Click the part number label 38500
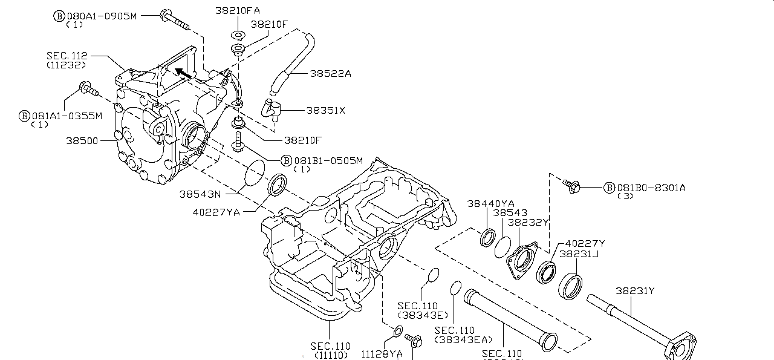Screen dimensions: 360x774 pyautogui.click(x=83, y=140)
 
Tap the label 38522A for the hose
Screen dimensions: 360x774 pyautogui.click(x=330, y=73)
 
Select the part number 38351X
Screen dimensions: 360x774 pyautogui.click(x=325, y=111)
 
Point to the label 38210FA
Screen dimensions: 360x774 pyautogui.click(x=238, y=11)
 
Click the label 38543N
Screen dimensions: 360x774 pyautogui.click(x=200, y=194)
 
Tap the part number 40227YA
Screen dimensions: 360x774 pyautogui.click(x=216, y=212)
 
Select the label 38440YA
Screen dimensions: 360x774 pyautogui.click(x=490, y=204)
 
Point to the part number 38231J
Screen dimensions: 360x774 pyautogui.click(x=579, y=254)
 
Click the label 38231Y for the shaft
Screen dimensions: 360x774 pyautogui.click(x=635, y=291)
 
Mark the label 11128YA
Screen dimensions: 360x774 pyautogui.click(x=382, y=353)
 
